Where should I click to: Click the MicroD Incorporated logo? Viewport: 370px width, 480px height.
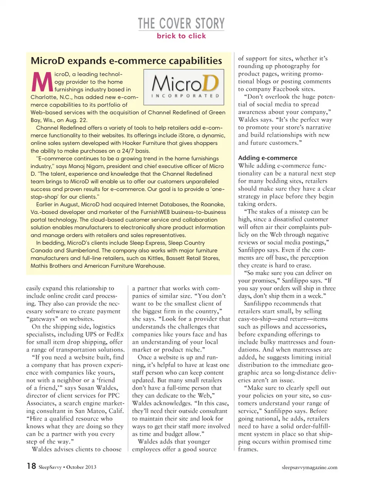184,87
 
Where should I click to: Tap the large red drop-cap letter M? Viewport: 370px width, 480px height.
42,82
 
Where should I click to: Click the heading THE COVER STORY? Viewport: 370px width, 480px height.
181,24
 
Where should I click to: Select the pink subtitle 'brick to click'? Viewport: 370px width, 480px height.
181,36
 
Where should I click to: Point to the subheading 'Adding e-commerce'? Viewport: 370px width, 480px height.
267,158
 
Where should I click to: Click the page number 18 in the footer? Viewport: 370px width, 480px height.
31,466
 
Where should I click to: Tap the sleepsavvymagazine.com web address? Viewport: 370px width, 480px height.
309,467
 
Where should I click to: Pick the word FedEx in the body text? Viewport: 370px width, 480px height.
115,334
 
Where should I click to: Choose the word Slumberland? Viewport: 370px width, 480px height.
82,251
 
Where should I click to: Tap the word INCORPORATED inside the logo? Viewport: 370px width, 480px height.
185,96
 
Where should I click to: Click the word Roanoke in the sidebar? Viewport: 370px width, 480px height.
213,204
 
